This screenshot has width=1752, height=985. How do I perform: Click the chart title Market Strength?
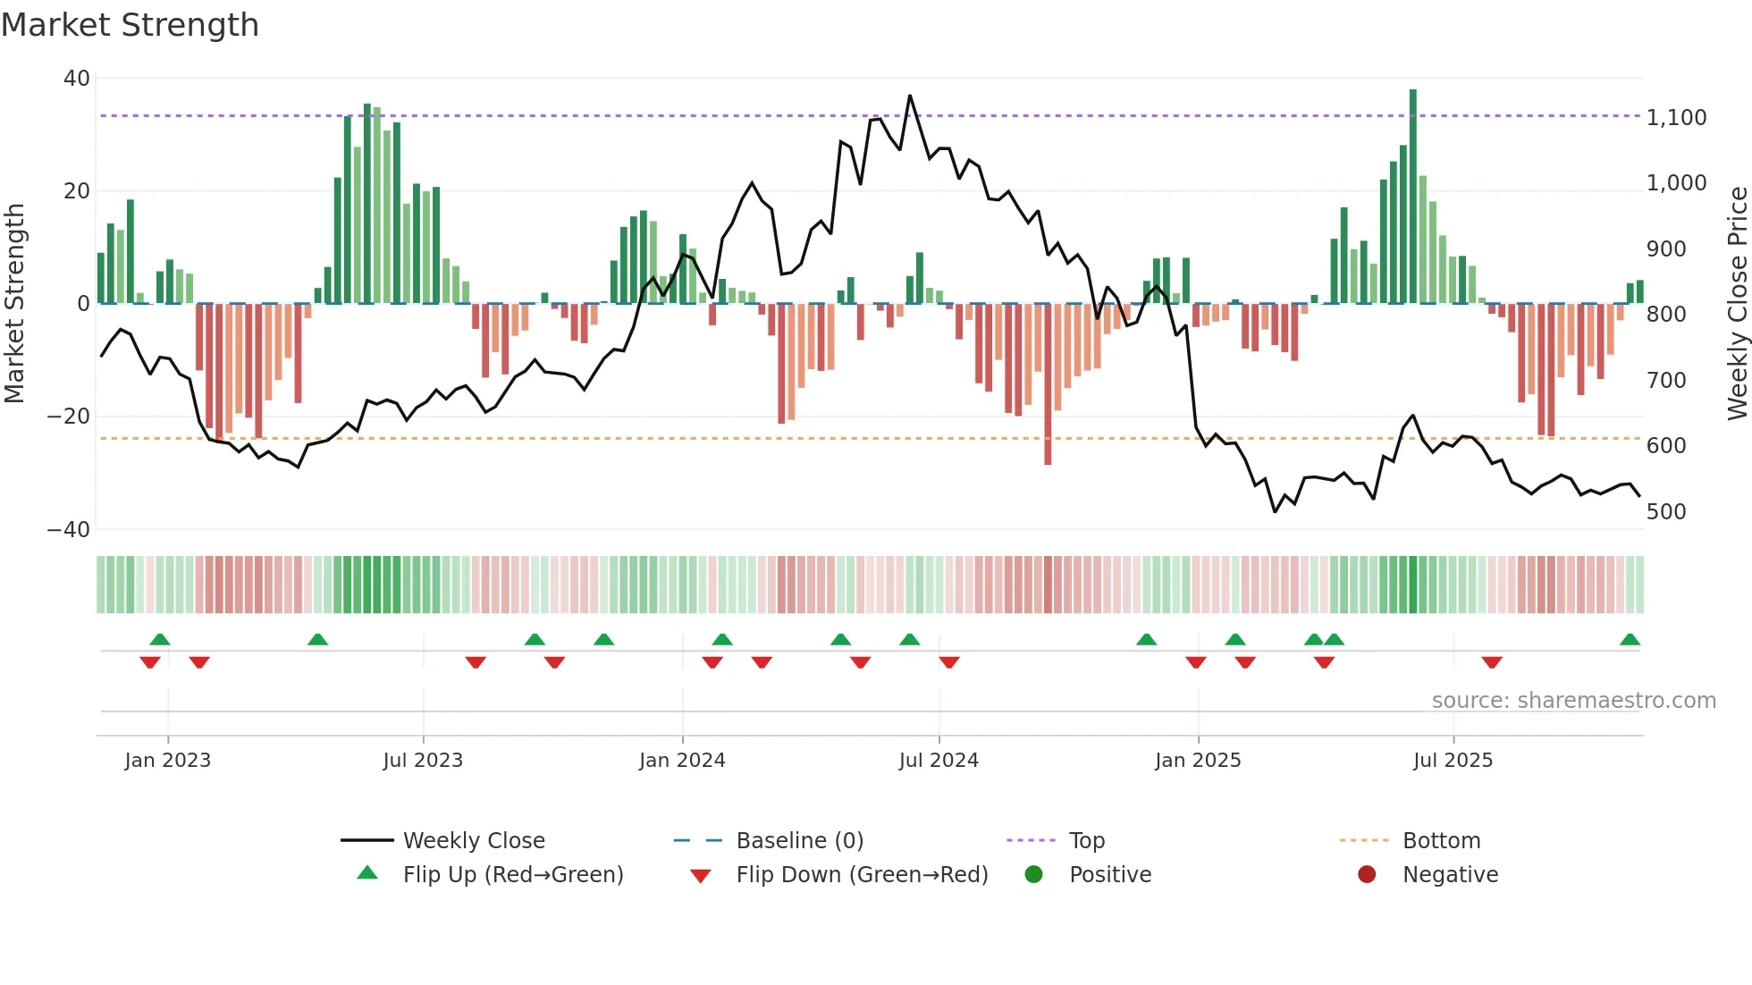point(130,25)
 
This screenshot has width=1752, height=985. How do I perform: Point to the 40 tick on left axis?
point(77,79)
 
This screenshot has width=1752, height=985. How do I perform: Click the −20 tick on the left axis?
point(68,417)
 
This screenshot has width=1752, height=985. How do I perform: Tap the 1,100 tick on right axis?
point(1676,118)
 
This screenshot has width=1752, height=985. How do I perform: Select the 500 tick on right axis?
point(1666,512)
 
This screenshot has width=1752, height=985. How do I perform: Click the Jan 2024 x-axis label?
point(682,761)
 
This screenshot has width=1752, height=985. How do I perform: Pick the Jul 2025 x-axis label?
point(1453,761)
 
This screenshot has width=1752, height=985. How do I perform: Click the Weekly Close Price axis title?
point(1737,304)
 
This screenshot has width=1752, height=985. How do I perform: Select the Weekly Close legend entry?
point(473,841)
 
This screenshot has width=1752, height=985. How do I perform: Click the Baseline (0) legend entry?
point(799,841)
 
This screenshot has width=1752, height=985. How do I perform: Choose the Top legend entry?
point(1086,841)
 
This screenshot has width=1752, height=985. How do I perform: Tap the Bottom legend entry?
point(1441,841)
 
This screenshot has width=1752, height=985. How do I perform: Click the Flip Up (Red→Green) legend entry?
point(512,875)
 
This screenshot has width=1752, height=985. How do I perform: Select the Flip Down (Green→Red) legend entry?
point(861,875)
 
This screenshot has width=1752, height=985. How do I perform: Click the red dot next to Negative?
point(1366,875)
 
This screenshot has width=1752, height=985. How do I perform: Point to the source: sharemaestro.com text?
point(1573,701)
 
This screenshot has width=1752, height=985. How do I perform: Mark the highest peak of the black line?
point(910,96)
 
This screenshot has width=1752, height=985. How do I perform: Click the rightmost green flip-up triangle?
point(1630,640)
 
